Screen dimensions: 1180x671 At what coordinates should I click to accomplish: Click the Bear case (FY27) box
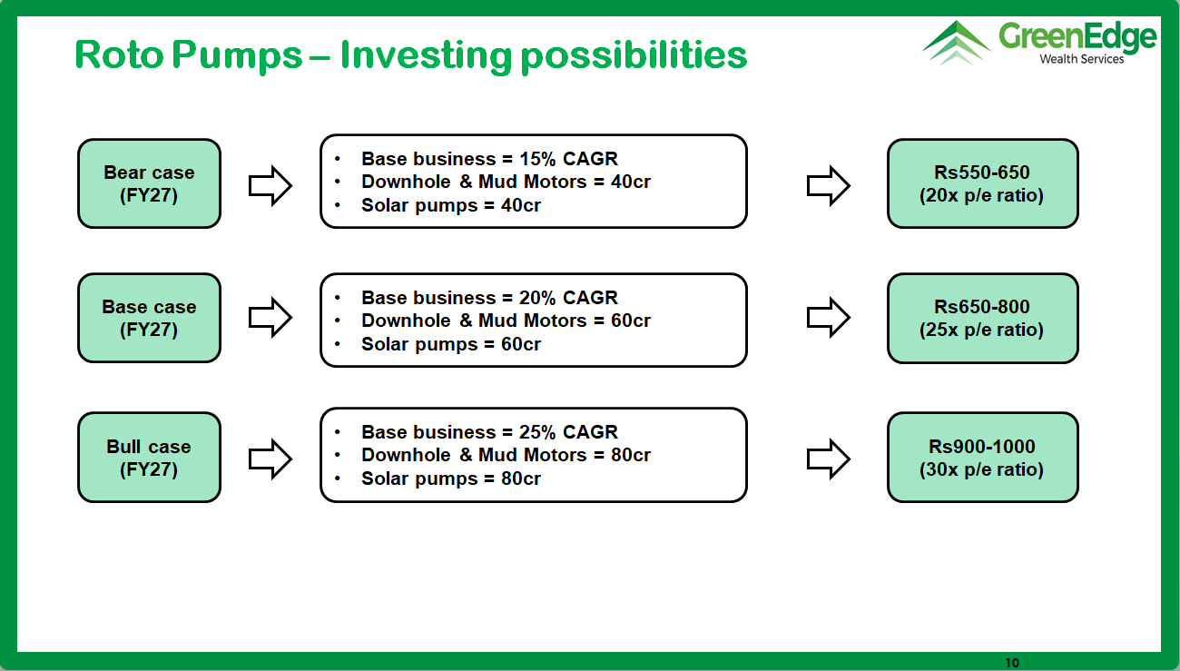[149, 183]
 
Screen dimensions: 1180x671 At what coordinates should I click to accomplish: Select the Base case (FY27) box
[149, 318]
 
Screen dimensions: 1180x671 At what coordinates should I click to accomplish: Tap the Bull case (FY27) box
[149, 457]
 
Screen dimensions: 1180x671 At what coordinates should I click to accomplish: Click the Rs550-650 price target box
[982, 183]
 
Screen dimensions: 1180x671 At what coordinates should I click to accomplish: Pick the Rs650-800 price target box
[982, 318]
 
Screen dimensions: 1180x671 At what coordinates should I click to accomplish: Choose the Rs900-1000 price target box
[982, 457]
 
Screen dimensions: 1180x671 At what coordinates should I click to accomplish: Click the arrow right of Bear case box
[270, 185]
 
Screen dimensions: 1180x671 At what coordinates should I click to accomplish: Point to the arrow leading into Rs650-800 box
[828, 317]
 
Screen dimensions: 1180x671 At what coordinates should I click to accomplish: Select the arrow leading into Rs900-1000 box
[828, 459]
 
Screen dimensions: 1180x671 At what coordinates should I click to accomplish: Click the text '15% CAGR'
[568, 159]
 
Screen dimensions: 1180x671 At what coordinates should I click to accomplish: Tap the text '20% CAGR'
[568, 298]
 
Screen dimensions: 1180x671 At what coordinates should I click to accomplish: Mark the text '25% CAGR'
[568, 432]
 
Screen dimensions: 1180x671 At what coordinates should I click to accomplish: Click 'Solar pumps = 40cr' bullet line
[451, 205]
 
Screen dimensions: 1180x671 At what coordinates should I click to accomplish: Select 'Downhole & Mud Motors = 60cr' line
[506, 321]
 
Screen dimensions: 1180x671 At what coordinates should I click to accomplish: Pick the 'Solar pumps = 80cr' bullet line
[451, 479]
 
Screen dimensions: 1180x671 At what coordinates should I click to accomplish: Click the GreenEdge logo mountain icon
[956, 43]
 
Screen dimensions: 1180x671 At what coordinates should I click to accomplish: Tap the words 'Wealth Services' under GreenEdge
[1081, 59]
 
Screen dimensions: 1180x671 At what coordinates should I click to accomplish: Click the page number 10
[1012, 663]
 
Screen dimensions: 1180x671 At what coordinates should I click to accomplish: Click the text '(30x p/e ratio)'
[981, 469]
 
